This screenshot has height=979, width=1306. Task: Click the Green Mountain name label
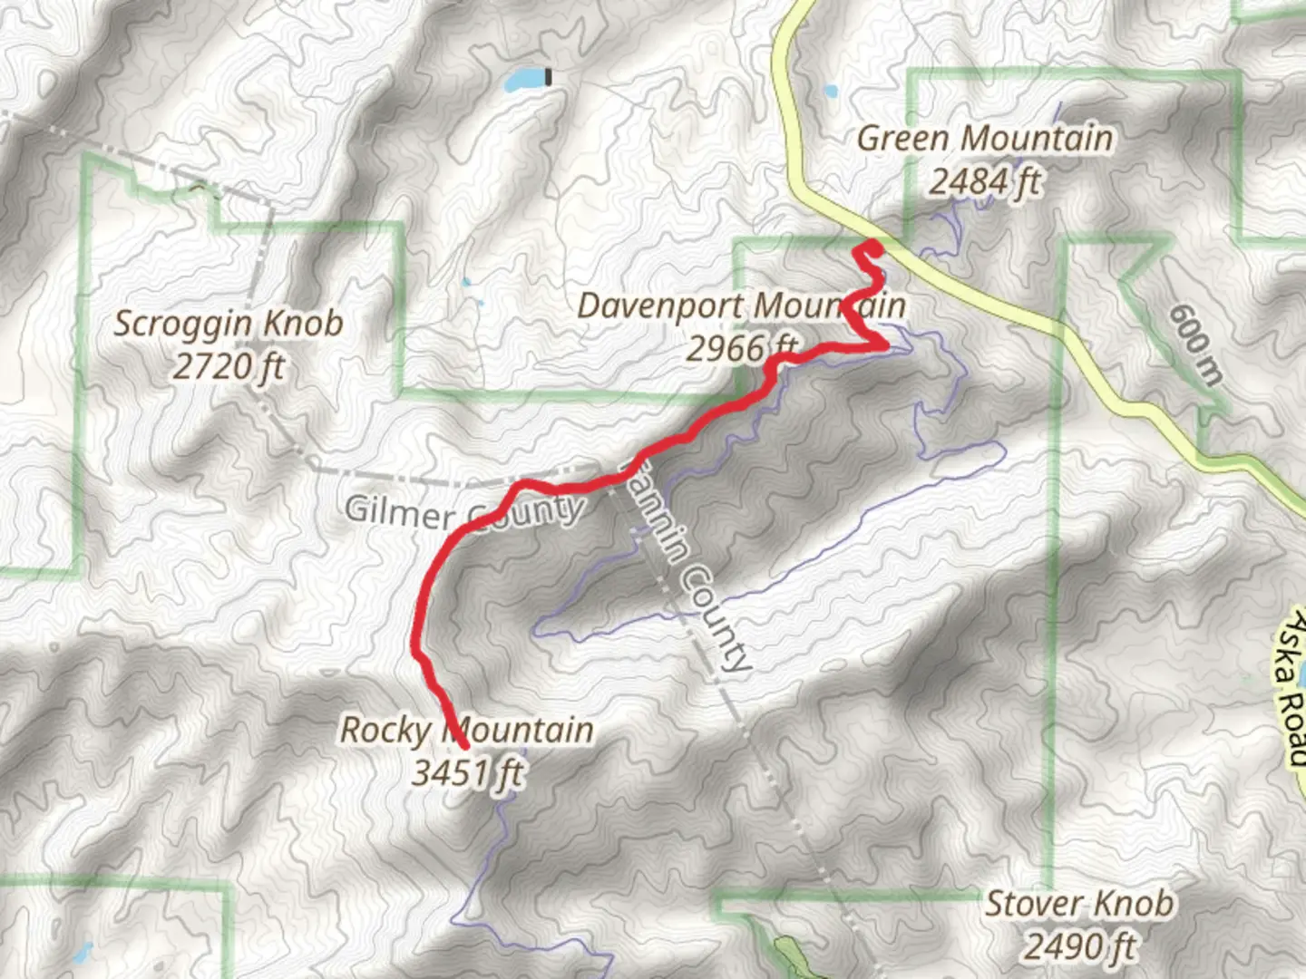(984, 139)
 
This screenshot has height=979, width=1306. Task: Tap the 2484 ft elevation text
(984, 183)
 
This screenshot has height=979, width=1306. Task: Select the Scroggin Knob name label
(228, 324)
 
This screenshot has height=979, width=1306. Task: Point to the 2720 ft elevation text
(228, 367)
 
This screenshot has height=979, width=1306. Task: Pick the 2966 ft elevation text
(741, 347)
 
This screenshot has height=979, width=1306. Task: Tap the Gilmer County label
(463, 511)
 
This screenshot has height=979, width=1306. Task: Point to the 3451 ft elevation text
(467, 773)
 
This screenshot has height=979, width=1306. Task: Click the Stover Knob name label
(1079, 904)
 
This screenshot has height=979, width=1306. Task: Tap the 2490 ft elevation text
(1079, 947)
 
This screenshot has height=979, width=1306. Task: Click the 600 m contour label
(1194, 343)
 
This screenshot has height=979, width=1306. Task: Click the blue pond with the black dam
(523, 81)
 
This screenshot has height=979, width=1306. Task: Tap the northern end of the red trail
(871, 246)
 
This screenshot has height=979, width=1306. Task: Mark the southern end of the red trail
(463, 745)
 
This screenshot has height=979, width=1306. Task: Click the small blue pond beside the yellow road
(831, 91)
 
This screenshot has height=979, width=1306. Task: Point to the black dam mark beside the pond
(548, 78)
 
